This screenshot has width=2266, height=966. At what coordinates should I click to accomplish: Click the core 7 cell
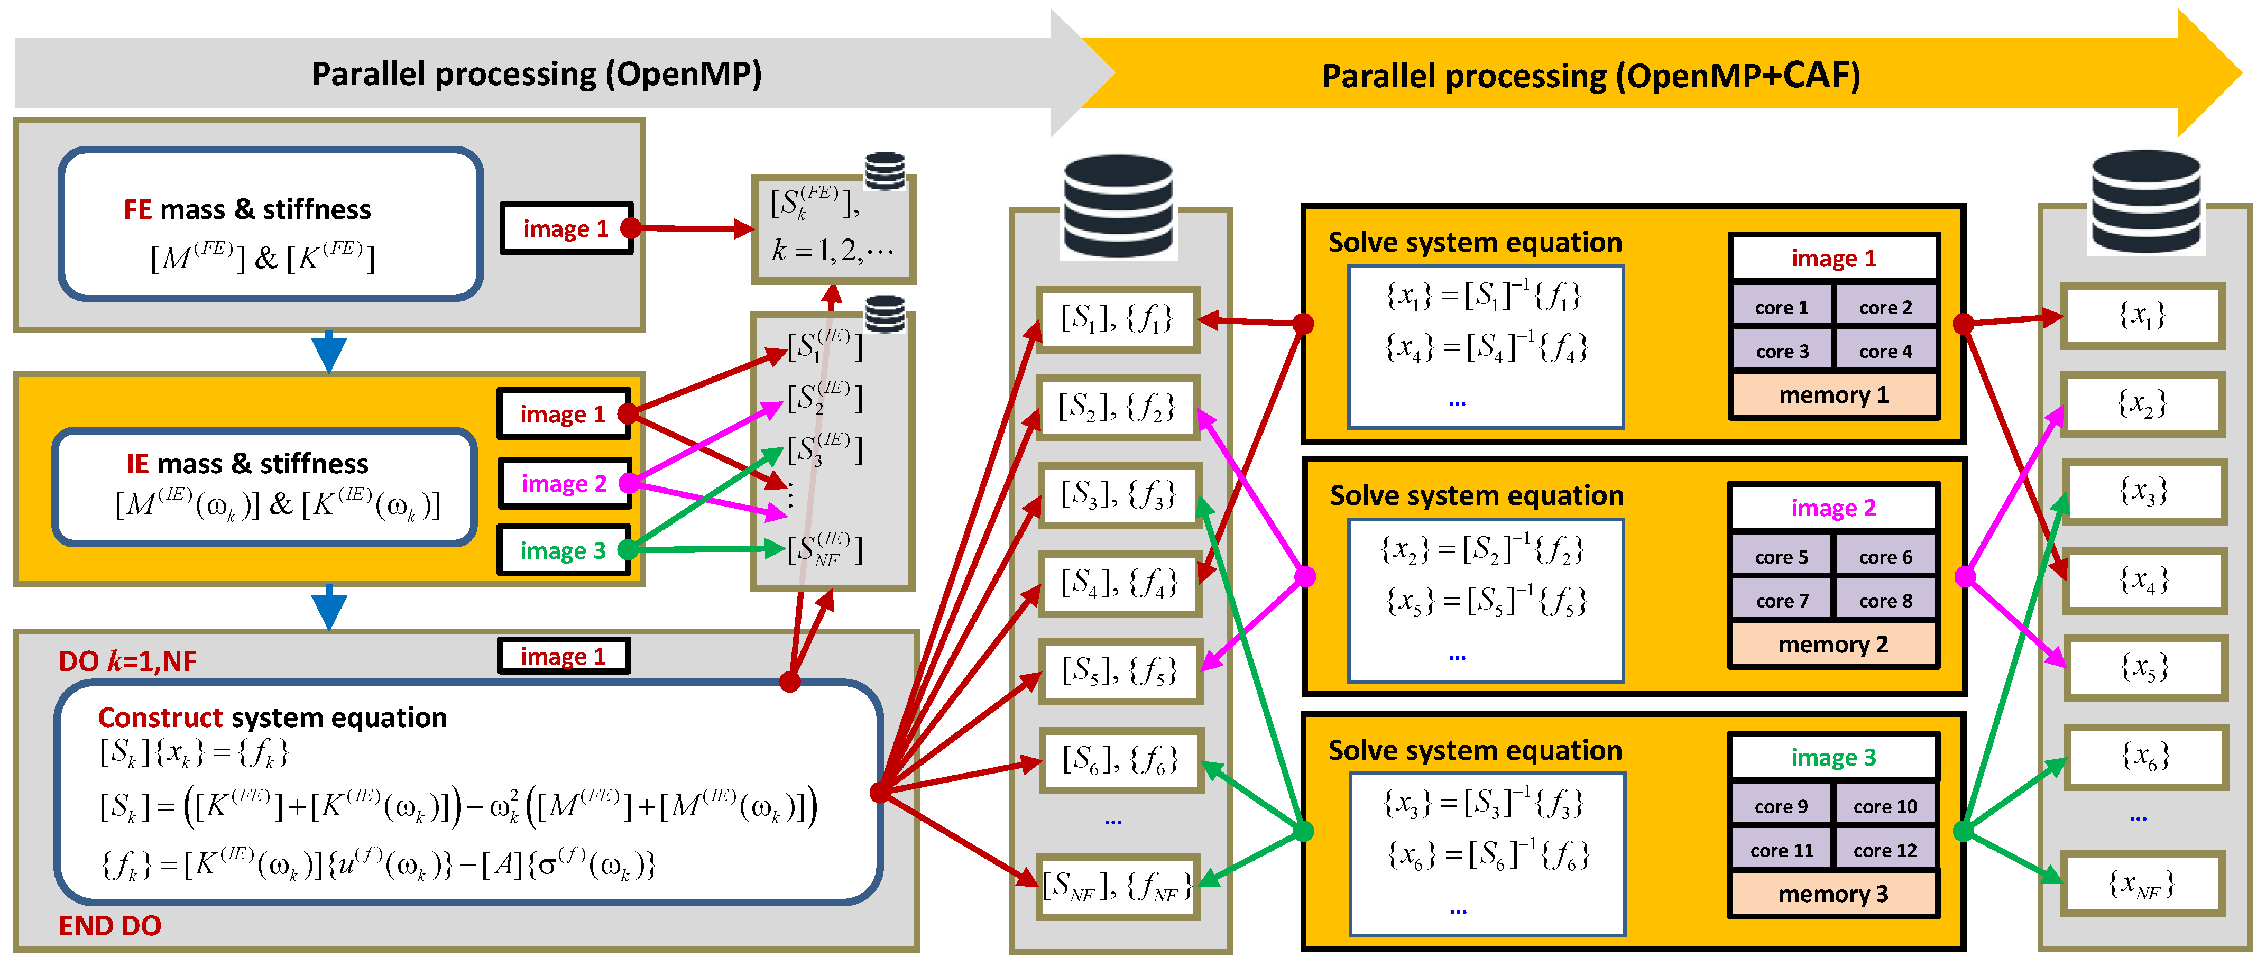pyautogui.click(x=1781, y=601)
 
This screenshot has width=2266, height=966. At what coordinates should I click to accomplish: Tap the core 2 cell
pyautogui.click(x=1885, y=307)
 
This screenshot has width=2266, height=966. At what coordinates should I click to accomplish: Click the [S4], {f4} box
pyautogui.click(x=1118, y=583)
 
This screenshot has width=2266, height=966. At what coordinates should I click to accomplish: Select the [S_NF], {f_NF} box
pyautogui.click(x=1117, y=887)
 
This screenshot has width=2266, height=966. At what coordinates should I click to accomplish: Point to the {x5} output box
pyautogui.click(x=2144, y=668)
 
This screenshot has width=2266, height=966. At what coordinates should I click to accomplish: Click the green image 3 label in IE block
pyautogui.click(x=563, y=551)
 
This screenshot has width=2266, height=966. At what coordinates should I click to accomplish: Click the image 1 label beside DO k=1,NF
pyautogui.click(x=563, y=656)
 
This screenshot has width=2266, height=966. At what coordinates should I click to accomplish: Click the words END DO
pyautogui.click(x=110, y=925)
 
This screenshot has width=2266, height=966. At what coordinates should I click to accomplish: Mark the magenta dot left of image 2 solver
pyautogui.click(x=1305, y=576)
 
